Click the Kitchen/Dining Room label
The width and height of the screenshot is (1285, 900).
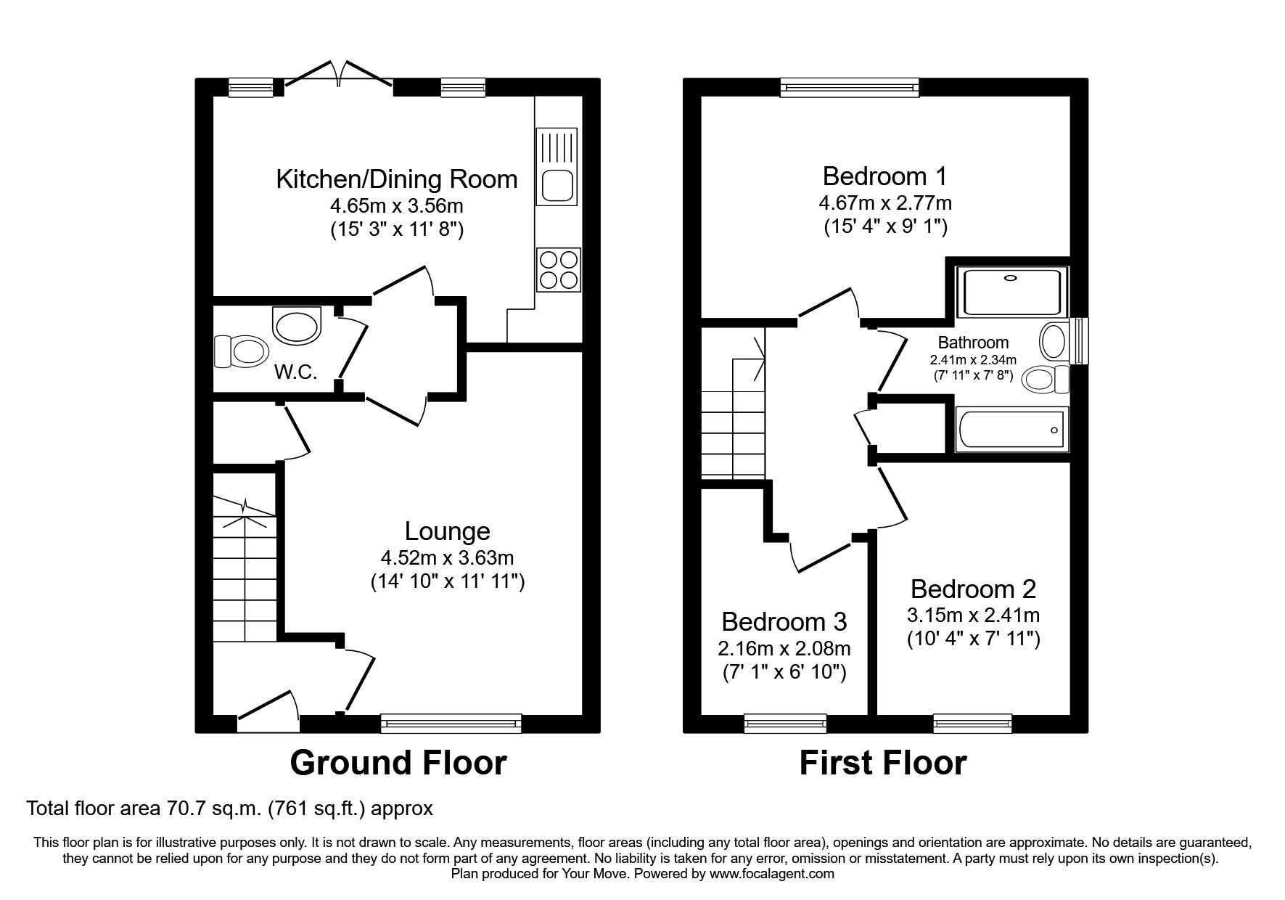tap(397, 179)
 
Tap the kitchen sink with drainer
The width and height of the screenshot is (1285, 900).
tap(557, 165)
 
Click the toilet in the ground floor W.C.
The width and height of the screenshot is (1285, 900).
tap(239, 351)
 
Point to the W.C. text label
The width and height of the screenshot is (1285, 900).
tap(296, 372)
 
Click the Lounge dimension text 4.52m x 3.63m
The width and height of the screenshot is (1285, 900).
tap(447, 558)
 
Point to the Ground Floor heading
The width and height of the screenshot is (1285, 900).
tap(398, 763)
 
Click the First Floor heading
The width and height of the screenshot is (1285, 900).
tap(882, 763)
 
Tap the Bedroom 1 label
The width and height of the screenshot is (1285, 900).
tap(885, 176)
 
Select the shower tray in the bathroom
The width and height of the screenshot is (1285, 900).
tap(1012, 291)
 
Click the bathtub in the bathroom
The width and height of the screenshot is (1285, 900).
tap(1011, 430)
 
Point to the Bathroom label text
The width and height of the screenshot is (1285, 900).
tap(973, 342)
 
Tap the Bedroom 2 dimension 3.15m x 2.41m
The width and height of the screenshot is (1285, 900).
tap(973, 615)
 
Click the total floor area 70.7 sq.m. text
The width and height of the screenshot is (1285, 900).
tap(229, 808)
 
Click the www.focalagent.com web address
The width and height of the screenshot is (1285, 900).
tap(772, 874)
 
